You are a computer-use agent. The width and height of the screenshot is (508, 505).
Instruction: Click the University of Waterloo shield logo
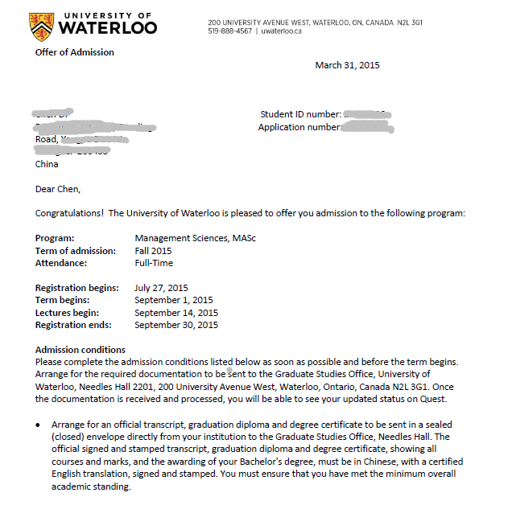tap(39, 26)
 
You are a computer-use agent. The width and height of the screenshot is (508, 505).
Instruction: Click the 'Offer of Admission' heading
tap(75, 52)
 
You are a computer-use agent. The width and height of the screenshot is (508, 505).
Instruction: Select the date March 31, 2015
tap(347, 65)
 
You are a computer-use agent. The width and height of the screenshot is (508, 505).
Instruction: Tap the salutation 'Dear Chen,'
tap(58, 190)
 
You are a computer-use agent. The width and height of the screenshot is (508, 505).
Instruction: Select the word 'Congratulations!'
tap(69, 213)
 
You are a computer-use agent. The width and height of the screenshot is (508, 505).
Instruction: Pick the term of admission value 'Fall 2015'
tap(153, 251)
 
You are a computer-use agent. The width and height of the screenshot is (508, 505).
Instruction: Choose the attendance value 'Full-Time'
tap(154, 263)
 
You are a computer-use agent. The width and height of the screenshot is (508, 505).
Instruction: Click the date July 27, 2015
tap(161, 288)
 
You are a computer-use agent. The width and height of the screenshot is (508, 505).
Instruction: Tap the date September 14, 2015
tap(176, 313)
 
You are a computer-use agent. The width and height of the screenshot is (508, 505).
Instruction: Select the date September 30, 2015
tap(176, 325)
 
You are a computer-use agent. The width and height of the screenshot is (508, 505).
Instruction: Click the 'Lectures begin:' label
tap(67, 313)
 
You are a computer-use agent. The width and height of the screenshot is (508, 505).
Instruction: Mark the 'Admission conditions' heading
tap(81, 350)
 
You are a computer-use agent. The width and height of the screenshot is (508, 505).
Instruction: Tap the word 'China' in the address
tap(47, 165)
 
